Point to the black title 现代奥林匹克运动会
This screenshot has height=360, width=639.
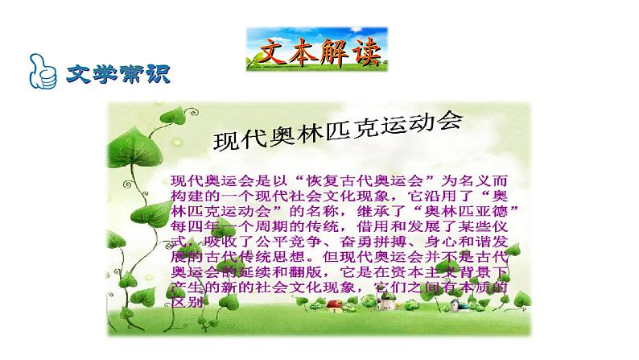tap(337, 133)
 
